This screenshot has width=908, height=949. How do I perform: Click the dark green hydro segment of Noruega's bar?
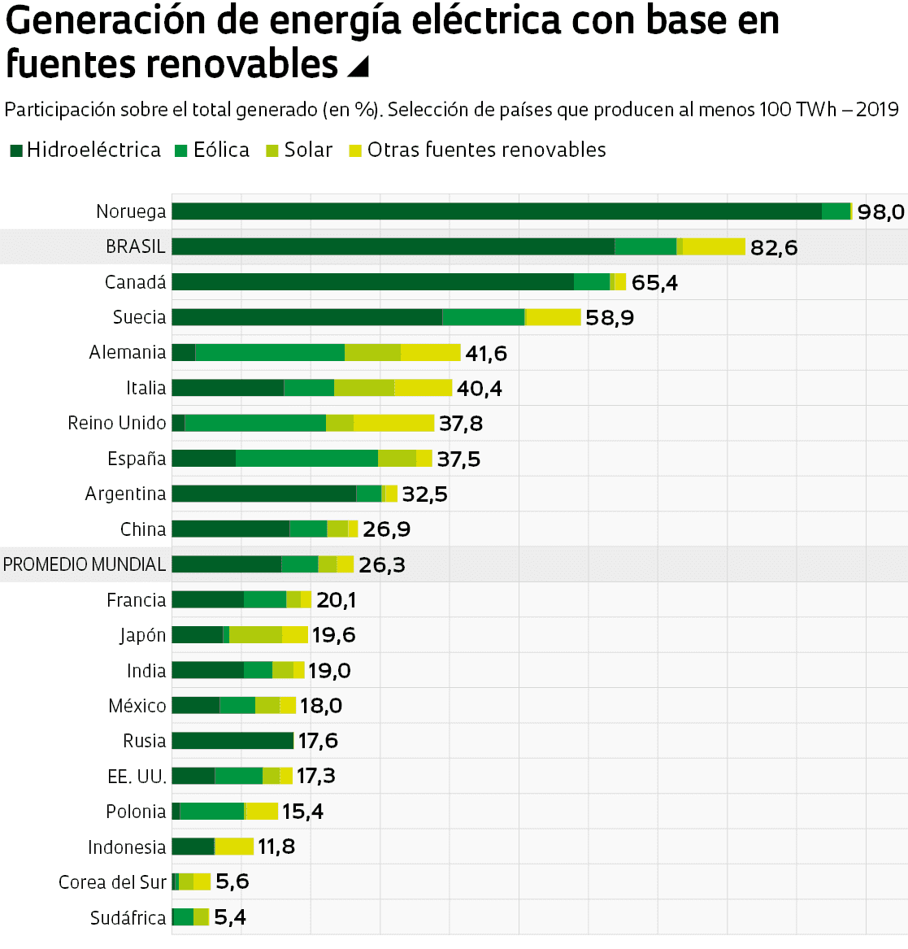(496, 211)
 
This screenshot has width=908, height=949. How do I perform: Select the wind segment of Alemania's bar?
(270, 352)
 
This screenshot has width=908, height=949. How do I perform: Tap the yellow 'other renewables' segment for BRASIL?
(713, 246)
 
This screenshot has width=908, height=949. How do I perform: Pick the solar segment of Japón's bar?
(255, 635)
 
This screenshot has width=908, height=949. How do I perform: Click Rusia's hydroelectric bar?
(232, 741)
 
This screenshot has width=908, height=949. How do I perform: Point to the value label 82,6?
(774, 247)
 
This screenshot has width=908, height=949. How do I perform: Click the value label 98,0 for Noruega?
(880, 212)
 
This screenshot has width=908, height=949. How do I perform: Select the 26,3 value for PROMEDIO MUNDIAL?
(382, 564)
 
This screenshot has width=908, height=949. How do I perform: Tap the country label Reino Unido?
(117, 423)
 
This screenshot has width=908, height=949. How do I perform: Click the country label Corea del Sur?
(112, 882)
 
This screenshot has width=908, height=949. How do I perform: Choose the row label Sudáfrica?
(128, 918)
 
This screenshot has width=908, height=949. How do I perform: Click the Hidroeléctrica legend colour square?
(16, 150)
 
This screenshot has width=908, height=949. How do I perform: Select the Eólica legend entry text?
(221, 150)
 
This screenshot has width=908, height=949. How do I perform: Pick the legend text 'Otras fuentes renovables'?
(486, 150)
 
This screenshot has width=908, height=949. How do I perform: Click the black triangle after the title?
(358, 67)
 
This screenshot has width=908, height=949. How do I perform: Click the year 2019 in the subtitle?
(877, 110)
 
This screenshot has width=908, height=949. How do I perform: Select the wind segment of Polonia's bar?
(211, 812)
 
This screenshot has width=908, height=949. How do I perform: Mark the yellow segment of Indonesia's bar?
(234, 847)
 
